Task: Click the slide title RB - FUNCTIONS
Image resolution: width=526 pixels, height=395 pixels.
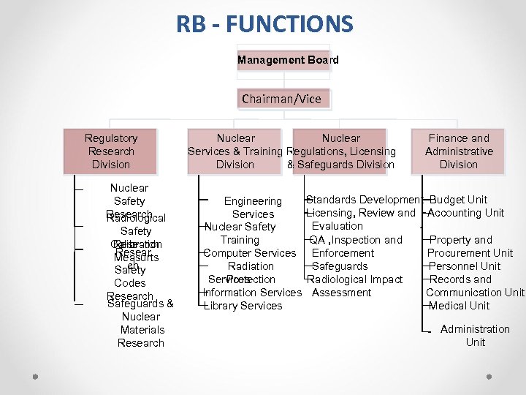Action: point(264,25)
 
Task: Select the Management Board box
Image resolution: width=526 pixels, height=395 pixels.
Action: point(288,60)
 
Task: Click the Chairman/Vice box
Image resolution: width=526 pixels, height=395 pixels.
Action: point(281,99)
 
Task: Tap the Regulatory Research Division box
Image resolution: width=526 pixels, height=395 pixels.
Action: point(110,151)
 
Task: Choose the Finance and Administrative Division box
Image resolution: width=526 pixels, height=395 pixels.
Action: point(458,151)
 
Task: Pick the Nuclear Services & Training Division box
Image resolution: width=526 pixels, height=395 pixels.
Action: point(235,151)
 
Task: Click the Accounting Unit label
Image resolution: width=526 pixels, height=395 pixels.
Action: point(465,213)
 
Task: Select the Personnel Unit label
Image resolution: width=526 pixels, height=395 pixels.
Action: point(465,266)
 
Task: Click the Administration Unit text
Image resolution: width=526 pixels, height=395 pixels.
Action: point(475,336)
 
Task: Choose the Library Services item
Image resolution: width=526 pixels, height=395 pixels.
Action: point(243,306)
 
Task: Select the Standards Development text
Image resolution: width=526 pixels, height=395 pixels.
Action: point(363,200)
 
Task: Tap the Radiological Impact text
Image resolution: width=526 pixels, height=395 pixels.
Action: point(355,279)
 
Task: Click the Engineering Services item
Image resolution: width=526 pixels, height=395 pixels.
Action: point(253,208)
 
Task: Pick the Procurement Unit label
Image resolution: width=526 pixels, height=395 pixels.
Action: point(470,253)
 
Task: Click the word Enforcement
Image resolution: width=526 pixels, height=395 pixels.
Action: point(343,253)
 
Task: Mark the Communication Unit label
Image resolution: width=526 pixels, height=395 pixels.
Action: point(475,293)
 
